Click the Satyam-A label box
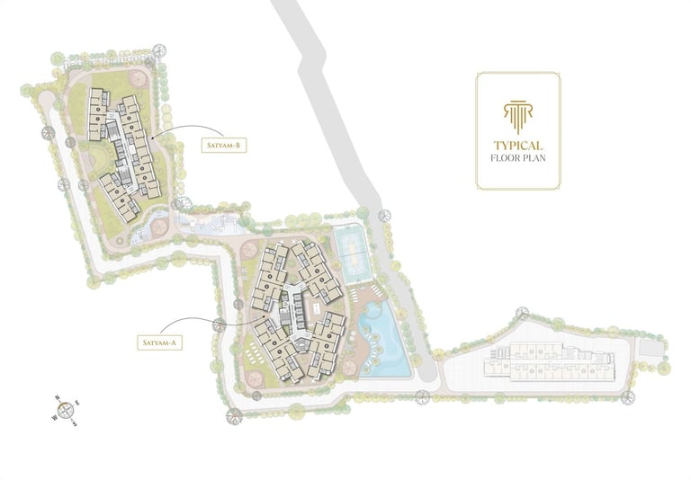pos(161,342)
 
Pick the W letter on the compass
pos(54,417)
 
